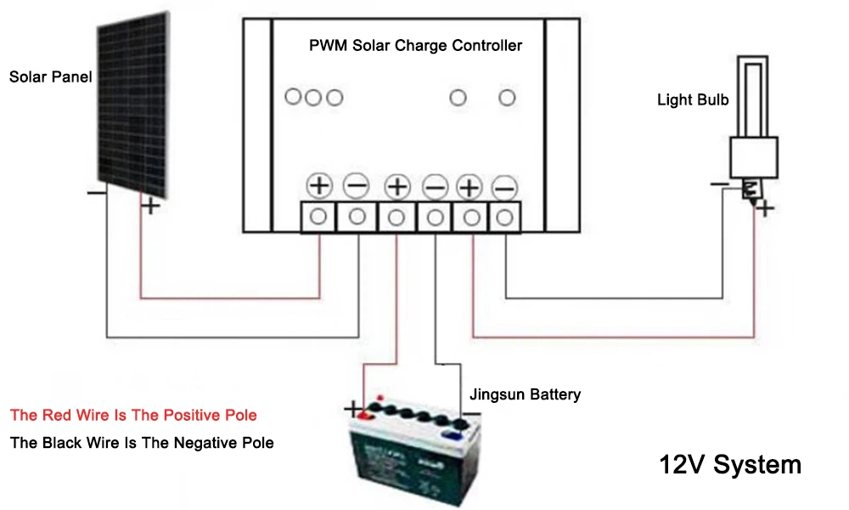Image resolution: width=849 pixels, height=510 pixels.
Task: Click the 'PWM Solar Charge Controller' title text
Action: point(415,45)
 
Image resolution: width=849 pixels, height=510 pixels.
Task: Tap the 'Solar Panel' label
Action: point(50,77)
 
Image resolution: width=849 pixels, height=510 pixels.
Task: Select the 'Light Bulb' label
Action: point(693,99)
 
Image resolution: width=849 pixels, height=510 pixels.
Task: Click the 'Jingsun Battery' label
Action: point(525,394)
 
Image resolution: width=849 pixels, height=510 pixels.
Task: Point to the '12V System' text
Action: point(730,465)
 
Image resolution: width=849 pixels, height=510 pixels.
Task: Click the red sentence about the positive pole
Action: point(133,416)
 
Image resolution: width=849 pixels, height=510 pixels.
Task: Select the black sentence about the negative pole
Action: point(142,443)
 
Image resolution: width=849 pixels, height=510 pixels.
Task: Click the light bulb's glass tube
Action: point(752,93)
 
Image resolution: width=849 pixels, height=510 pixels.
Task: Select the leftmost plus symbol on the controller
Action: point(318,185)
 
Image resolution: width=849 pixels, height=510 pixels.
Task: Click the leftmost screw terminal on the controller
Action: point(318,217)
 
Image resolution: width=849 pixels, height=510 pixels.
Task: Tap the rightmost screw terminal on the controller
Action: point(504,218)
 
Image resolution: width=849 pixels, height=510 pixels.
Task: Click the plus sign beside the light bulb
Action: point(765,208)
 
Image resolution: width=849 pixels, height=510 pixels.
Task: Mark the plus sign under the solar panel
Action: point(149,205)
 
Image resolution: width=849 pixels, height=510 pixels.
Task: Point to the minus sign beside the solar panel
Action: point(96,193)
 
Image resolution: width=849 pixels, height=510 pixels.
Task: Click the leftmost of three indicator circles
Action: point(293,98)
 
